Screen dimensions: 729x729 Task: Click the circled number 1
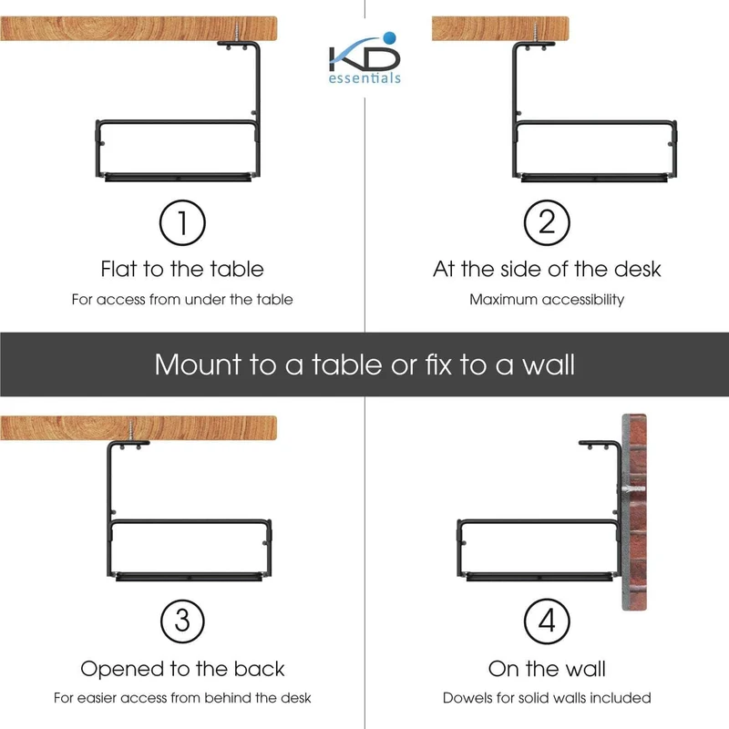pyautogui.click(x=182, y=222)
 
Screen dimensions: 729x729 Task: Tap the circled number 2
pyautogui.click(x=547, y=222)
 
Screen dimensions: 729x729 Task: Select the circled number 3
pyautogui.click(x=182, y=621)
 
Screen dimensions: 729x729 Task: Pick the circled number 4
pyautogui.click(x=547, y=621)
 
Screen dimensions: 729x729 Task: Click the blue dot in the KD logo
pyautogui.click(x=390, y=37)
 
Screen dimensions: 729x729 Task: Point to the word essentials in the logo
pyautogui.click(x=364, y=77)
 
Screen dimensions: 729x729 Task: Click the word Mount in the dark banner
pyautogui.click(x=198, y=364)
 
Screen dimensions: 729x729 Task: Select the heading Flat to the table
pyautogui.click(x=182, y=269)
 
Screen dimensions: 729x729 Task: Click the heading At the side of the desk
pyautogui.click(x=547, y=269)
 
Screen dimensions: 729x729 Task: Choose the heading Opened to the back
pyautogui.click(x=182, y=669)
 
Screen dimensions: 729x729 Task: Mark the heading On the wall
pyautogui.click(x=547, y=669)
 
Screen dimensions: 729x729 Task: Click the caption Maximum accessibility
pyautogui.click(x=547, y=300)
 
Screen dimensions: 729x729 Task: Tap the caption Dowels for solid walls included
pyautogui.click(x=547, y=698)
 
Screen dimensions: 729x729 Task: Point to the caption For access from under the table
pyautogui.click(x=182, y=300)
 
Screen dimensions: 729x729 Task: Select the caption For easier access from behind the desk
pyautogui.click(x=182, y=698)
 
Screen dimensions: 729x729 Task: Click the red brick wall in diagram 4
pyautogui.click(x=634, y=511)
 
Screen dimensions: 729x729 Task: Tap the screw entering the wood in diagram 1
pyautogui.click(x=237, y=34)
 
